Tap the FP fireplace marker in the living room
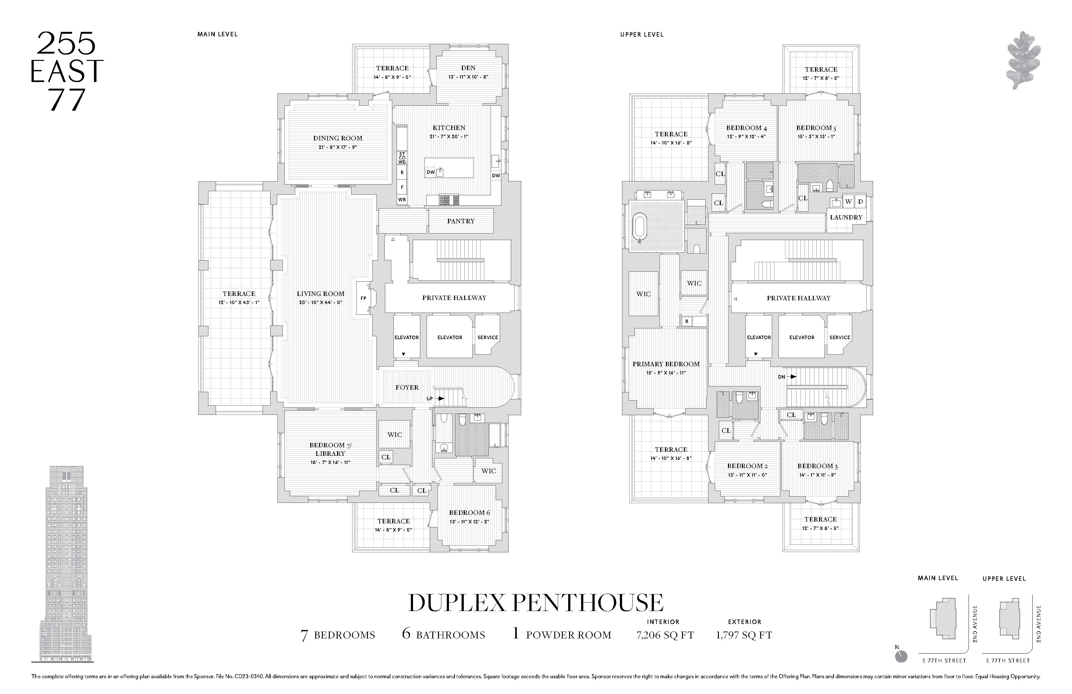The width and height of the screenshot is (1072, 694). pos(363,298)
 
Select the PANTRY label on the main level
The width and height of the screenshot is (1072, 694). pos(460,221)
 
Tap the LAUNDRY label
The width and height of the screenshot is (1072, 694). pos(846,217)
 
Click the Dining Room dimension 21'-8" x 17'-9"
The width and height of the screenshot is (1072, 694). pos(338,147)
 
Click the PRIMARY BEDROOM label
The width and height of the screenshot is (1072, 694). pos(666,364)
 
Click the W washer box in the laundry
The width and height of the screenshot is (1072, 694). pos(848,202)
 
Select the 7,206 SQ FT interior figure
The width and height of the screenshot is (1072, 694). pos(665,635)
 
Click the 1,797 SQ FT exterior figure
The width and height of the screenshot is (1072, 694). pos(744,635)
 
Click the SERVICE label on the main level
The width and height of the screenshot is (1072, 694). pos(487,338)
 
